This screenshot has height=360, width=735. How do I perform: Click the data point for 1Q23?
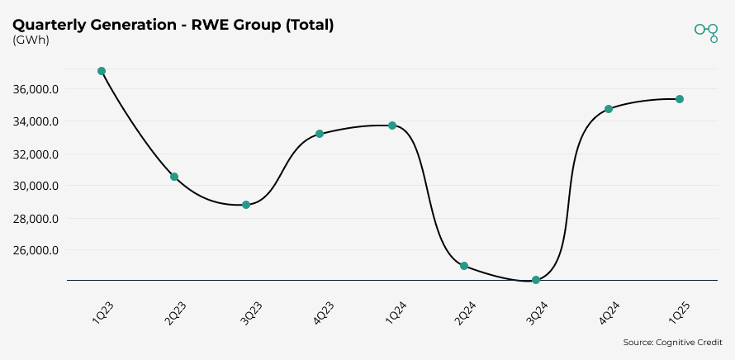tap(102, 71)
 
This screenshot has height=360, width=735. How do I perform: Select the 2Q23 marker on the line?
tap(174, 177)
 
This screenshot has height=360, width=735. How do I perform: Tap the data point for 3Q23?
tap(246, 205)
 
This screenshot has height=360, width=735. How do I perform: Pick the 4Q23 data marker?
tap(320, 134)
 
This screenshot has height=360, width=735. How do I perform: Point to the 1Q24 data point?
tap(392, 126)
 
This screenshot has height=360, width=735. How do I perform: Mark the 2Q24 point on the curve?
tap(464, 266)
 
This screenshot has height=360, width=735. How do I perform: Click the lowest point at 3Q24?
tap(536, 280)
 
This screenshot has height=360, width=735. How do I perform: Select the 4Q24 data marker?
tap(609, 109)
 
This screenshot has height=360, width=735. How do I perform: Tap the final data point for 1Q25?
tap(680, 99)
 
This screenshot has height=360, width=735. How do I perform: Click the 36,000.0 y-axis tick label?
tap(36, 89)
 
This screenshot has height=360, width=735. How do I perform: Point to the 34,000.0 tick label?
tap(36, 121)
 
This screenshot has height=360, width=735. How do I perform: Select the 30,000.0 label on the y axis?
tap(36, 186)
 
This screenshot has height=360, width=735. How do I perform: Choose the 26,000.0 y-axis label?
tap(36, 250)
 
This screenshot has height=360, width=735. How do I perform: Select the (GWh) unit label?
tap(31, 40)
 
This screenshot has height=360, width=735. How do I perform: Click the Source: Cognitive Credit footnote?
tap(672, 342)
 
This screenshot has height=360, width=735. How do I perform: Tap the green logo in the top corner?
tap(706, 31)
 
